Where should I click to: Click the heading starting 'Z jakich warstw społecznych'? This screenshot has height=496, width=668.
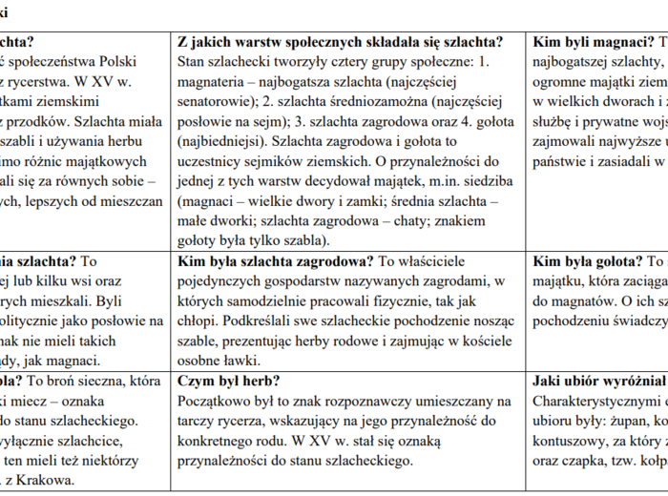click(x=352, y=42)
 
